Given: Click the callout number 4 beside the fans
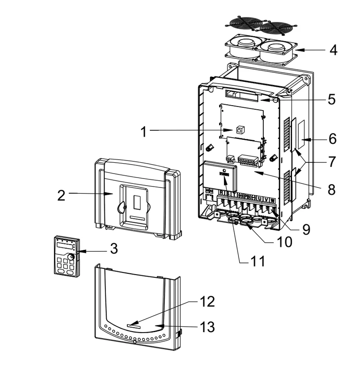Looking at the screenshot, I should pos(333,50).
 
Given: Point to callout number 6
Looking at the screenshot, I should pos(333,138).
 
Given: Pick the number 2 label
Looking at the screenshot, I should pos(61,195).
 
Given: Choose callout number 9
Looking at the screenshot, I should pos(306,229).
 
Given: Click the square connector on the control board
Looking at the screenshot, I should pos(240,129).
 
